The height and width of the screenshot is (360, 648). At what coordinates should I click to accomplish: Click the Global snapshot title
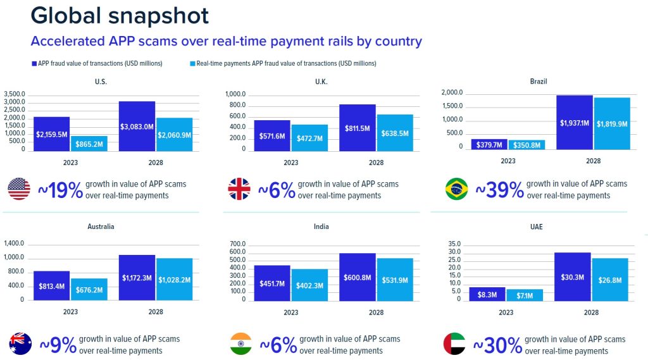click(120, 15)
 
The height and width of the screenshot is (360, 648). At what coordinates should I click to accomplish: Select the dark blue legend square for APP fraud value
click(34, 63)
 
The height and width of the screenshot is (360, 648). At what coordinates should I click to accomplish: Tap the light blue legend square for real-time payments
click(192, 63)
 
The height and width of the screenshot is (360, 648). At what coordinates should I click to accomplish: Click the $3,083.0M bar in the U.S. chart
click(136, 127)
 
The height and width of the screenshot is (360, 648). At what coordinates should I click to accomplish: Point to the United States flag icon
click(19, 189)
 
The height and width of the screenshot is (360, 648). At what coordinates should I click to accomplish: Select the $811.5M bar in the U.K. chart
click(358, 128)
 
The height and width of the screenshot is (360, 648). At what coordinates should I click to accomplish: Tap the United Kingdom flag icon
click(239, 190)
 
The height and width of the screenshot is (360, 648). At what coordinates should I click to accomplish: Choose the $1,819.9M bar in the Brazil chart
click(612, 124)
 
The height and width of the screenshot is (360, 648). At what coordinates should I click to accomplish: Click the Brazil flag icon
click(456, 189)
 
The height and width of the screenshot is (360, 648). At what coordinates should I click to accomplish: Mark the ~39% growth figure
click(499, 189)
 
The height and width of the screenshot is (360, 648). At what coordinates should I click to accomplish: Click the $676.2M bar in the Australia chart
click(89, 289)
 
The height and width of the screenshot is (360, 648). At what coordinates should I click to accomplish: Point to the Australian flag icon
click(20, 344)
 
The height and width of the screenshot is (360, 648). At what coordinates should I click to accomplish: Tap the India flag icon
click(240, 344)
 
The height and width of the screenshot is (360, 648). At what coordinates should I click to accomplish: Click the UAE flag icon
click(454, 344)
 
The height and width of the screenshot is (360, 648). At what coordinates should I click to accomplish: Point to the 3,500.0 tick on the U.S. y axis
click(15, 94)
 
